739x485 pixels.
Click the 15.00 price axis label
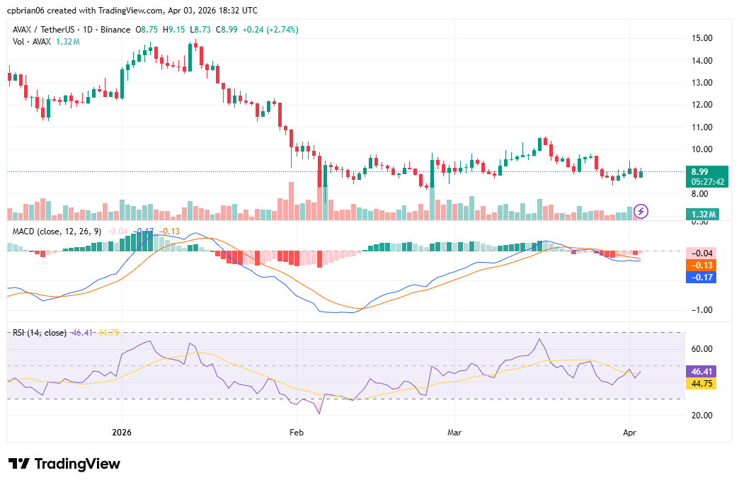(702, 38)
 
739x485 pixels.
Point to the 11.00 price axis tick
(702, 127)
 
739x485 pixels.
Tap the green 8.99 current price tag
(700, 171)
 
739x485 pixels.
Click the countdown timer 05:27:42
(707, 181)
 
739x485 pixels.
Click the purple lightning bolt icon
(641, 210)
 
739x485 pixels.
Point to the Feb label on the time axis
(297, 432)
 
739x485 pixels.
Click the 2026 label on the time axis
(122, 432)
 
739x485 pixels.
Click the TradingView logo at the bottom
(64, 464)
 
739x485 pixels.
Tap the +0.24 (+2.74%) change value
(270, 30)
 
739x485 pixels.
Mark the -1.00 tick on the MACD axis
(701, 310)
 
